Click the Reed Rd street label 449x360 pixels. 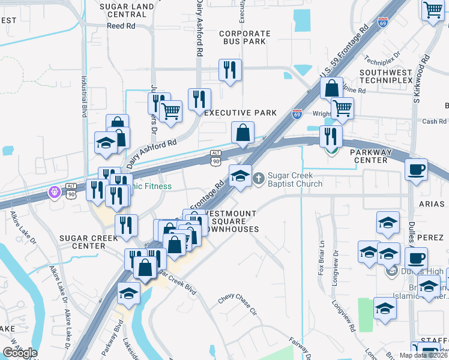click(x=121, y=26)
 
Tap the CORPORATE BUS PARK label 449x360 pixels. click(x=244, y=39)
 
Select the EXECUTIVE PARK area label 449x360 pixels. click(x=241, y=113)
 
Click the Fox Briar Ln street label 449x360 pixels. click(x=322, y=258)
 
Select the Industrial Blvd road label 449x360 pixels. click(x=85, y=96)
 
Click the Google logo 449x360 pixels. click(x=20, y=352)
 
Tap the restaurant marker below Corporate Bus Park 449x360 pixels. click(x=230, y=71)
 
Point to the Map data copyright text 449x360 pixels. click(x=423, y=355)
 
